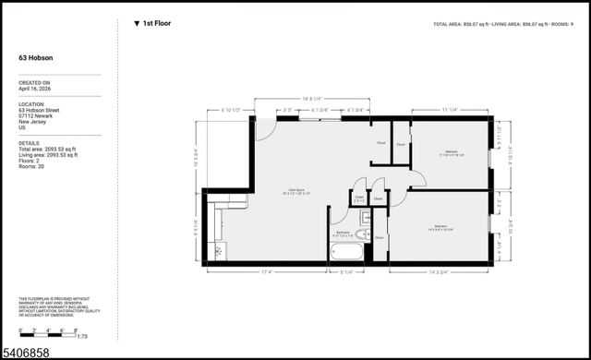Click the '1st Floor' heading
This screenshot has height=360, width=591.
[156, 23]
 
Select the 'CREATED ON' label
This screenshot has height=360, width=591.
[33, 82]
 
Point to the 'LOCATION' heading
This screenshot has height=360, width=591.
[32, 103]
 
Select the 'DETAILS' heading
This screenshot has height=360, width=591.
[30, 143]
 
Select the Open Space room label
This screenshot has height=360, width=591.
[296, 192]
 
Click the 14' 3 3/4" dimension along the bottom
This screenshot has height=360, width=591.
[440, 271]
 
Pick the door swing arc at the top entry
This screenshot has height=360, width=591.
[265, 130]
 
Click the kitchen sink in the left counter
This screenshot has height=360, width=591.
[219, 249]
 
